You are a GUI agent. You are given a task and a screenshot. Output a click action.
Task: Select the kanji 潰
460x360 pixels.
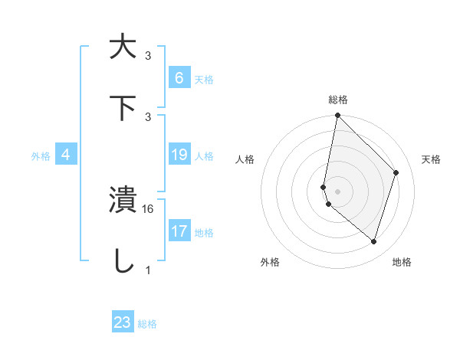point(123,200)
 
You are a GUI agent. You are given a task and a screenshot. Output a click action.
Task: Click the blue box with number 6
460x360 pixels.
point(179,77)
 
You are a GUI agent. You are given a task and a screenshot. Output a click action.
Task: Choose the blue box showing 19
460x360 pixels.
point(179,155)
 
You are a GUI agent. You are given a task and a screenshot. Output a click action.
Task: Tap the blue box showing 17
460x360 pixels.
point(179,231)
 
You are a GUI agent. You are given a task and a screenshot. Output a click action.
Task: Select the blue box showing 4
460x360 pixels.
point(66,155)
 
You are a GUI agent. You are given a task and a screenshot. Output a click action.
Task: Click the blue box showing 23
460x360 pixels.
point(123,322)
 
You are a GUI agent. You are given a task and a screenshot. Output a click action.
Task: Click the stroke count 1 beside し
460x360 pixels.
point(148,270)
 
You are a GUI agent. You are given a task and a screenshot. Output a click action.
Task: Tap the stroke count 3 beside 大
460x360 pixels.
point(148,56)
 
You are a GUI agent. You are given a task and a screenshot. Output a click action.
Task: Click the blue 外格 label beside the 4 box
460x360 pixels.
point(41,156)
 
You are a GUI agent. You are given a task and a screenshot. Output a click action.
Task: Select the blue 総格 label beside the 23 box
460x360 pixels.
point(147,324)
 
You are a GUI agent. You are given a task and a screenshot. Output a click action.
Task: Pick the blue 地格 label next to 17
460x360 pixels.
point(204,232)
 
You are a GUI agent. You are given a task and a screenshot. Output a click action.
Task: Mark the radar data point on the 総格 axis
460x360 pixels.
point(337,116)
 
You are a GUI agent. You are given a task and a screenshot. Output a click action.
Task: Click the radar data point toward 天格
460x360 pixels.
point(396,172)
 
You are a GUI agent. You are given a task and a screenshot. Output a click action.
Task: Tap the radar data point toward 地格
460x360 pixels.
point(373,241)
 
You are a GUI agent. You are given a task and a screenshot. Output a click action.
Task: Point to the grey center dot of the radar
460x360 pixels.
point(337,191)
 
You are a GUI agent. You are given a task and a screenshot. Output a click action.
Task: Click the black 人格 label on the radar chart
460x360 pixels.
point(245,159)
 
